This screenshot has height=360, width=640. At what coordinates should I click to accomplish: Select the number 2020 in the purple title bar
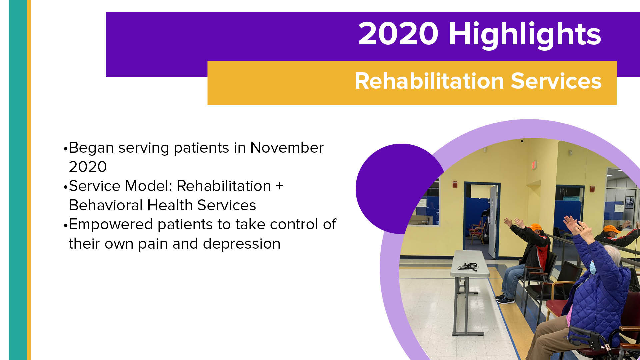coord(398,34)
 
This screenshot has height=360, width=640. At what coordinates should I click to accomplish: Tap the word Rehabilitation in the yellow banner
coord(429,81)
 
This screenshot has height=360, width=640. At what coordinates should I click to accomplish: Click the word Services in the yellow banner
coord(556,81)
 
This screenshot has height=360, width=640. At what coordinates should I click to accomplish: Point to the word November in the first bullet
coord(287,148)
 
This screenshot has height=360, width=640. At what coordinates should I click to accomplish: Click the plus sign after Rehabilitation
coord(279,186)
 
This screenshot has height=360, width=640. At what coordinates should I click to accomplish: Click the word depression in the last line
coord(242,244)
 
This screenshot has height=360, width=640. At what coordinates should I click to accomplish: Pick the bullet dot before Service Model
coord(65,187)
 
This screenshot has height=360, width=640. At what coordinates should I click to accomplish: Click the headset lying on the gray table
coord(468,266)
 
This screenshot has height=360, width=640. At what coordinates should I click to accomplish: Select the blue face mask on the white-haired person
coord(592,267)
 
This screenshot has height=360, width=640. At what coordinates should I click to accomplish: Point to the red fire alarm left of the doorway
coord(455,184)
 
